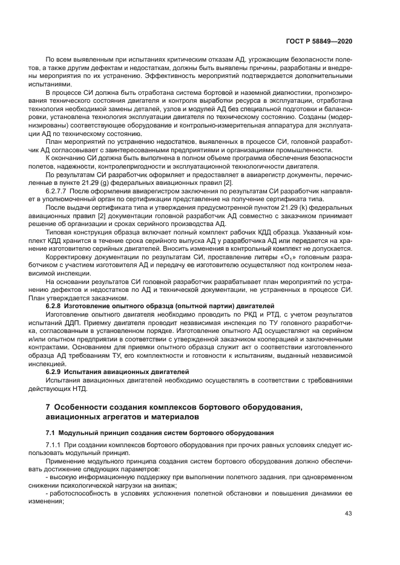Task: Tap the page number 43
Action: [348, 514]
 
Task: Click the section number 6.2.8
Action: [56, 306]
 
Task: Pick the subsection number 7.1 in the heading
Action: [51, 433]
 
